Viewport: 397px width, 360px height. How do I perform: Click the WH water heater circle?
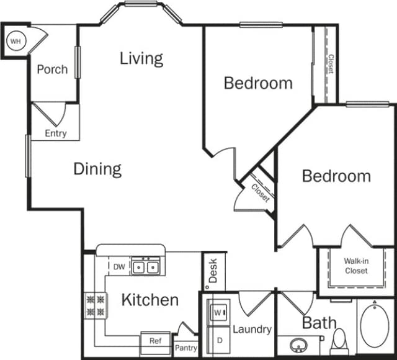[x=15, y=41]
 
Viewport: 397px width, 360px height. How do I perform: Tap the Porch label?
[x=52, y=69]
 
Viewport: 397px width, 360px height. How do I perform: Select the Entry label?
[x=56, y=133]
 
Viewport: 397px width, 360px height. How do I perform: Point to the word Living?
[x=141, y=58]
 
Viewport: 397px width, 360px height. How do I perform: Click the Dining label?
[x=97, y=169]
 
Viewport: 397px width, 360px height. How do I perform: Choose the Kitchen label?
[x=149, y=300]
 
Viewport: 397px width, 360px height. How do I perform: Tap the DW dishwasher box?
[x=119, y=267]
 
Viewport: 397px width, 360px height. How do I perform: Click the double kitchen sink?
[x=147, y=267]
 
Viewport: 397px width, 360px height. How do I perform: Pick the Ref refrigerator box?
[x=155, y=341]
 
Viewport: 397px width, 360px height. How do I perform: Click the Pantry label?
[x=185, y=348]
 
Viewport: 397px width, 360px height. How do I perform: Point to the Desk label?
[x=213, y=271]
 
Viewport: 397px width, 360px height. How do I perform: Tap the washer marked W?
[x=218, y=312]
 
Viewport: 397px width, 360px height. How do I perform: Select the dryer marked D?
[x=218, y=340]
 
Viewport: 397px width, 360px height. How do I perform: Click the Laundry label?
[x=252, y=329]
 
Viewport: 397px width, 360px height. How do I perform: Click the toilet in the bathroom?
[x=339, y=340]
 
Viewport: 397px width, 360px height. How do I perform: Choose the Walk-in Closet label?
[x=356, y=266]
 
